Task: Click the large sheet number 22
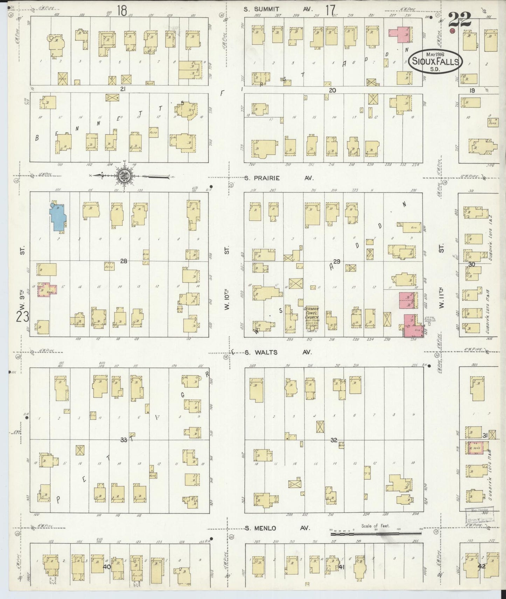[459, 20]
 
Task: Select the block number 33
[123, 440]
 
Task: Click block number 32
[333, 440]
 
